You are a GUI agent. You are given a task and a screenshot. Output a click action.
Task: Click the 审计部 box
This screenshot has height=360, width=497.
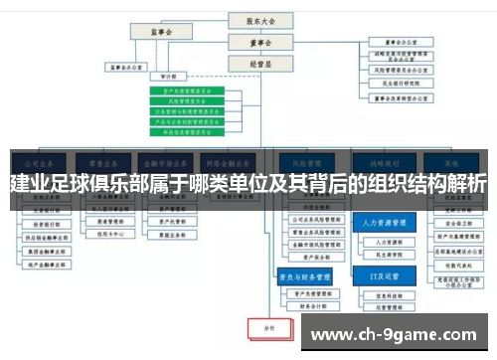[x=168, y=76]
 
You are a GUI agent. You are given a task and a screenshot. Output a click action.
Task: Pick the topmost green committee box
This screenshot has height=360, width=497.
[x=194, y=90]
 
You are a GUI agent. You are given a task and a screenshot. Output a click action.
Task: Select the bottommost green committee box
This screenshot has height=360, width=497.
[x=194, y=130]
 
